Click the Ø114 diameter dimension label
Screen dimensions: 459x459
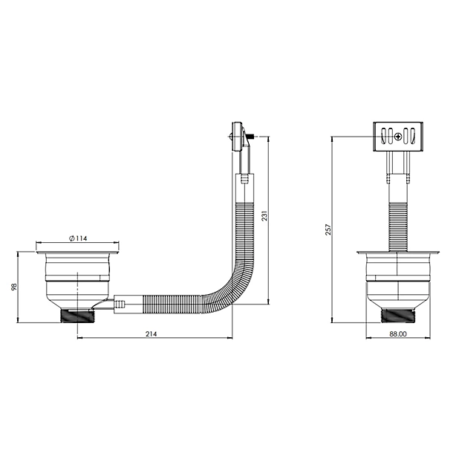click(x=78, y=238)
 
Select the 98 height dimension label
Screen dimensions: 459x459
click(x=14, y=287)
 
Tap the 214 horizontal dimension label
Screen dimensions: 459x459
click(x=152, y=333)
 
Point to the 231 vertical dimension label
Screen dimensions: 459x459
click(x=264, y=216)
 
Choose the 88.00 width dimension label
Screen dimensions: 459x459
click(x=398, y=333)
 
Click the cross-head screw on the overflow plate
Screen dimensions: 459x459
click(x=398, y=137)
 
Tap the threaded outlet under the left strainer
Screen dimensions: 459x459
click(x=77, y=315)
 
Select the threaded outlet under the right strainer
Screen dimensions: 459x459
click(x=398, y=316)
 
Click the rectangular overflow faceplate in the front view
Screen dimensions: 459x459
click(x=398, y=137)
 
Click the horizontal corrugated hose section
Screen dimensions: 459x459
click(x=172, y=305)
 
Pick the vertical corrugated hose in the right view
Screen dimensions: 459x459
click(x=398, y=227)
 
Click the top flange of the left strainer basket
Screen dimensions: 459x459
click(x=77, y=253)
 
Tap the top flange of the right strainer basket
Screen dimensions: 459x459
click(x=398, y=253)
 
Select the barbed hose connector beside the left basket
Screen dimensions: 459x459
click(x=120, y=305)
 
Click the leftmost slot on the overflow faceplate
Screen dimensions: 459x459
click(x=383, y=137)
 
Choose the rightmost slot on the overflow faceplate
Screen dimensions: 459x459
click(x=412, y=137)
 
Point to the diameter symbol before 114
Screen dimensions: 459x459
click(x=72, y=238)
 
